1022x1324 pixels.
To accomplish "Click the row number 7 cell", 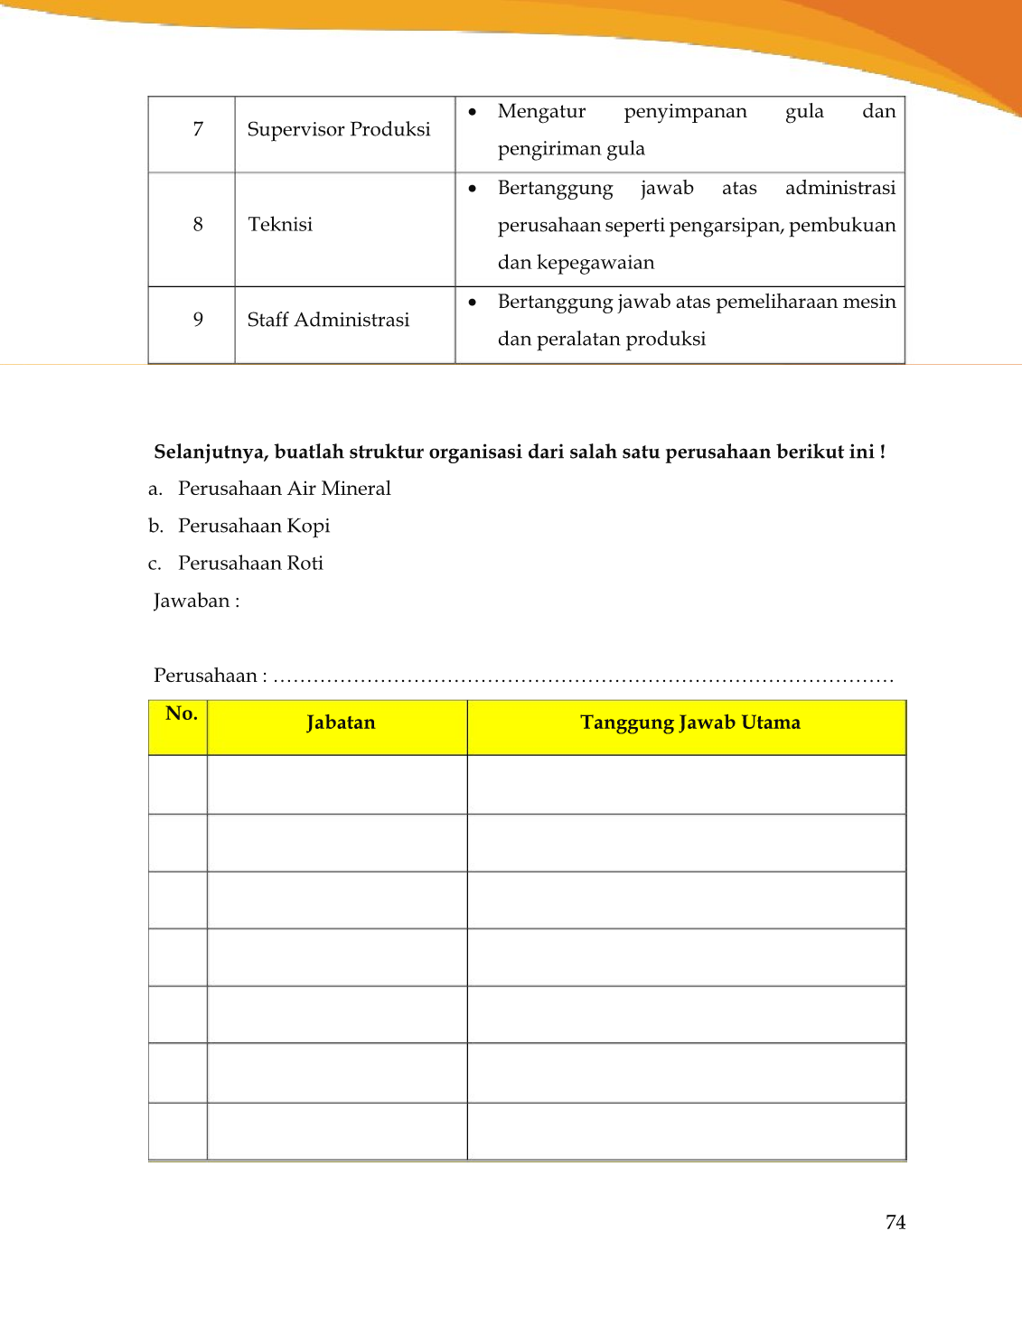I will [x=198, y=129].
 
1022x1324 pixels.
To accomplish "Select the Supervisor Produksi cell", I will [x=339, y=129].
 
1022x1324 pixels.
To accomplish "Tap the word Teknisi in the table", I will [x=280, y=224].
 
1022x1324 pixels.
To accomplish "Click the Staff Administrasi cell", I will [x=328, y=320].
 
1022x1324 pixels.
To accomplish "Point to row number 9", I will [x=198, y=320].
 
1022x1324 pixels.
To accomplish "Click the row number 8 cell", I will [x=198, y=224].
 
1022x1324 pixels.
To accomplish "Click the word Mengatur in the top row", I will [x=541, y=111].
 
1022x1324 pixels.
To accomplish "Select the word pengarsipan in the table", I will [x=726, y=225].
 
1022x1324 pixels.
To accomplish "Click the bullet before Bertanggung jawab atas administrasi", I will [x=473, y=188].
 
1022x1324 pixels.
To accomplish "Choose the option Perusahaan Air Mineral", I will [x=284, y=489].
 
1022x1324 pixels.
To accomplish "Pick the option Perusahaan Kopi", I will [x=254, y=526].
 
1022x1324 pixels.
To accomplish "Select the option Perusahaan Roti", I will [x=250, y=564].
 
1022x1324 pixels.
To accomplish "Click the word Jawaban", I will [x=192, y=601].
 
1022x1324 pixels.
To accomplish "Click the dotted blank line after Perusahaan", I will [x=583, y=678].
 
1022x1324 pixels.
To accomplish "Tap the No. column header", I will [x=181, y=714].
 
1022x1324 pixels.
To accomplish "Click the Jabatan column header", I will [x=340, y=723].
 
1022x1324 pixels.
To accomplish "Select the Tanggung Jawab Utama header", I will [x=689, y=723].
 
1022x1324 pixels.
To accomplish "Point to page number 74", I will [x=895, y=1222].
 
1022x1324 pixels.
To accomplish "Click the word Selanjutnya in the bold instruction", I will [x=211, y=452].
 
